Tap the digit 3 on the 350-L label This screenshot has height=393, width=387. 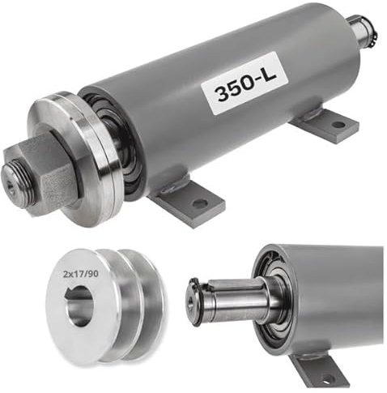[x=223, y=93]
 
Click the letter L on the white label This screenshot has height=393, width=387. [x=269, y=73]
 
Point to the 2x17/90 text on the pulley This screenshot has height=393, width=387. [x=81, y=275]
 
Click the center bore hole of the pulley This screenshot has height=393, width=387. [x=80, y=306]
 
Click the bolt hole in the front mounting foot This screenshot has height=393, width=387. [x=200, y=203]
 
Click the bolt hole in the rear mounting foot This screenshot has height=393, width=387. [x=338, y=125]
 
